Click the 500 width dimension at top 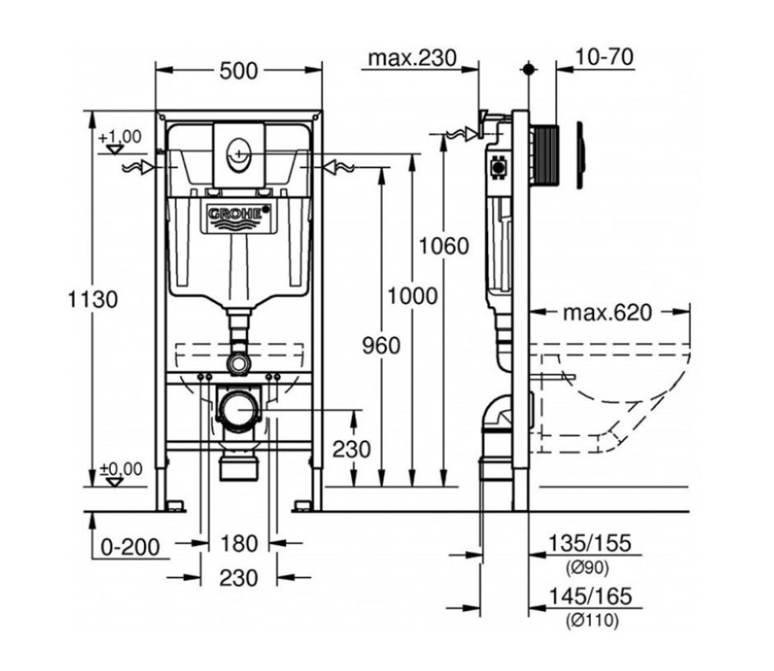(x=238, y=72)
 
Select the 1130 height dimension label (x=92, y=299)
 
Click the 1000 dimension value (x=412, y=296)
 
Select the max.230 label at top (x=411, y=58)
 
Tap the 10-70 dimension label (x=604, y=58)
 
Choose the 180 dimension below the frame (x=239, y=544)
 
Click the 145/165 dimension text (x=591, y=597)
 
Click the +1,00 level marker (x=119, y=137)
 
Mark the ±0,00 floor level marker (x=120, y=470)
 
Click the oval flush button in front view (x=239, y=154)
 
